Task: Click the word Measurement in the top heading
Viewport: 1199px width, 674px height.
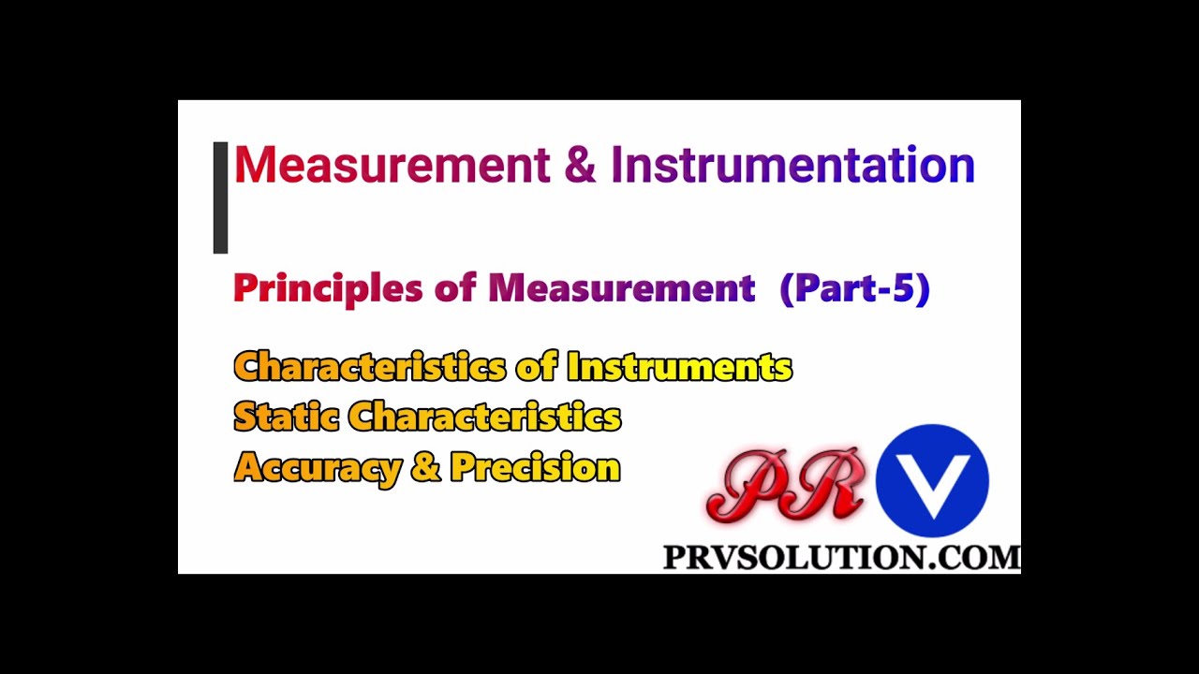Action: [392, 165]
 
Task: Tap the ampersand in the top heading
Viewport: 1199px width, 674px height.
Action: [580, 165]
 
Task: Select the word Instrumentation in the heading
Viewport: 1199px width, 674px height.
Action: [792, 165]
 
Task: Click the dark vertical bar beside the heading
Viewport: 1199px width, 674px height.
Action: [220, 198]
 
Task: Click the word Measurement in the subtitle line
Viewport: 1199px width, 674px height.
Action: [621, 288]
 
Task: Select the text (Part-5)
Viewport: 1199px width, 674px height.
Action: [854, 288]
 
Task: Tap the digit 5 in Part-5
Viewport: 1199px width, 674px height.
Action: [904, 288]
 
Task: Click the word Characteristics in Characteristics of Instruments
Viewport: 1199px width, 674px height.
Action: [370, 366]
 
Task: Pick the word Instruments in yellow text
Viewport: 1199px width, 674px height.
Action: [679, 366]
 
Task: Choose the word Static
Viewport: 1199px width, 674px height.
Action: [286, 417]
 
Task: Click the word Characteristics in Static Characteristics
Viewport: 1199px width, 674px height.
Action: [484, 417]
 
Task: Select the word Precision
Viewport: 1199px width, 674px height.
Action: [535, 467]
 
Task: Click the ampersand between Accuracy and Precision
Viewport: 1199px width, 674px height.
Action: [424, 467]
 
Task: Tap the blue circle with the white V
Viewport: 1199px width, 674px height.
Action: [932, 481]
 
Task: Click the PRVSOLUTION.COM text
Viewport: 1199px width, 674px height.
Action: [841, 558]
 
